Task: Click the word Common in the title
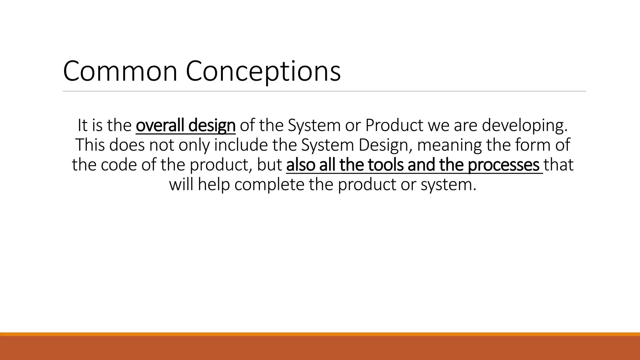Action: (x=120, y=71)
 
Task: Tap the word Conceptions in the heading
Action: (x=263, y=71)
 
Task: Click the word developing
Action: (x=525, y=125)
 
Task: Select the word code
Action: (x=119, y=165)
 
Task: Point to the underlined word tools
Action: (x=386, y=165)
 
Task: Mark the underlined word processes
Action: (x=504, y=165)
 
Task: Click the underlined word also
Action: (x=300, y=165)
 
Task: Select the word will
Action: (x=181, y=185)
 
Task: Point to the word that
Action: (x=559, y=165)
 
